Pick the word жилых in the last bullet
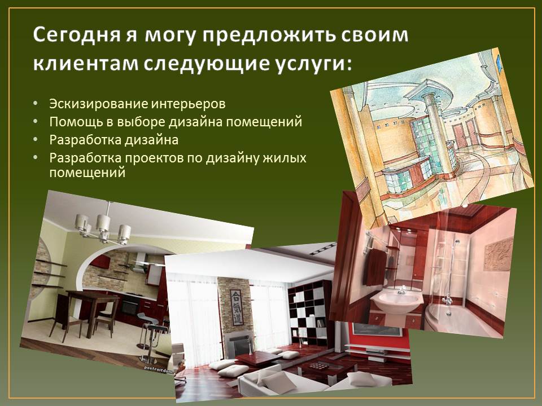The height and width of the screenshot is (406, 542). [x=285, y=158]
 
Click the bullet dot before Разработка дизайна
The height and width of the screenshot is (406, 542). [x=36, y=139]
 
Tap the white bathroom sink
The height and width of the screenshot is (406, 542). [x=397, y=301]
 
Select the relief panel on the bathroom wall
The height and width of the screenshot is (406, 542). [x=498, y=255]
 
